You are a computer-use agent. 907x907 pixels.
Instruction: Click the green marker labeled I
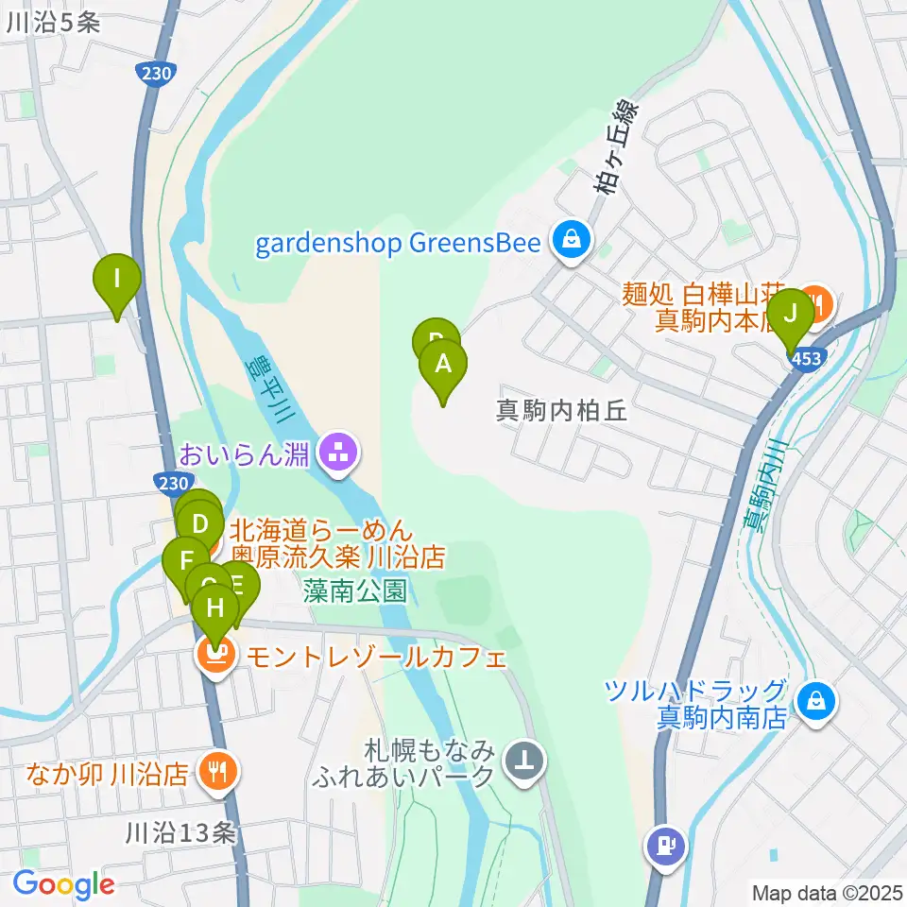click(117, 280)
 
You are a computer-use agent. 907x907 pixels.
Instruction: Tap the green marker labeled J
click(791, 313)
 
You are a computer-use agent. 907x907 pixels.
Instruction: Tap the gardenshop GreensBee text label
click(398, 245)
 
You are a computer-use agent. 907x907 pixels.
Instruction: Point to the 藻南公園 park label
click(355, 591)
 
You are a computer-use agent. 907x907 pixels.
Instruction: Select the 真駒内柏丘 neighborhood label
click(562, 411)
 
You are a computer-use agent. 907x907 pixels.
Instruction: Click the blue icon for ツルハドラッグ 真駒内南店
click(813, 701)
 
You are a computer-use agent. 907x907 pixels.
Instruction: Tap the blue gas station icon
click(667, 844)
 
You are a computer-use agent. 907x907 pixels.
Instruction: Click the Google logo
click(64, 884)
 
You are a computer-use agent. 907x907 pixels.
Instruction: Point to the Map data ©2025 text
click(828, 892)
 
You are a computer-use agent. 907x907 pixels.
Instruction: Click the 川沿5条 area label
click(52, 24)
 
